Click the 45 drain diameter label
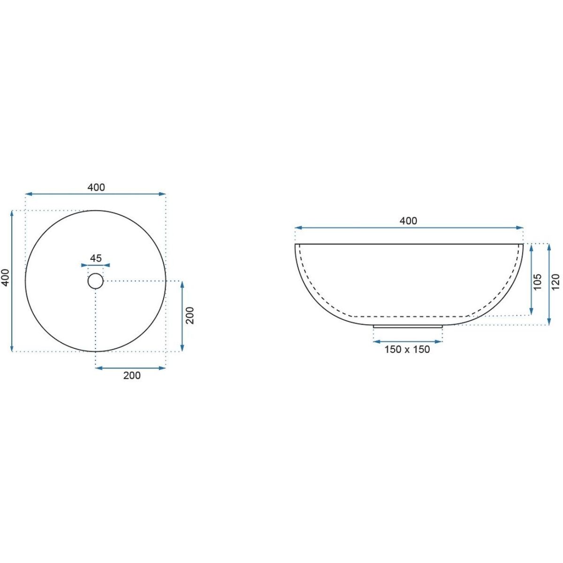[x=96, y=258]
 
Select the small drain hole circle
[x=96, y=281]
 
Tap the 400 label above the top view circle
[x=96, y=187]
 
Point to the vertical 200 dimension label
[x=190, y=315]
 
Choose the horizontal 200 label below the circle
[x=132, y=375]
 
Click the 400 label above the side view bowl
[x=409, y=221]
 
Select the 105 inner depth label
[x=537, y=281]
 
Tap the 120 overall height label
[x=555, y=281]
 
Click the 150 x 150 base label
[x=407, y=350]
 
